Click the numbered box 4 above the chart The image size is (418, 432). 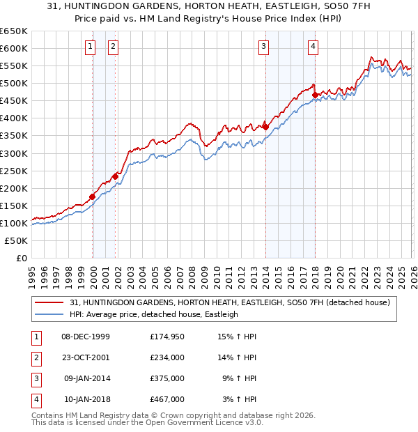coord(313,47)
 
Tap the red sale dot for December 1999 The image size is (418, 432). coord(92,196)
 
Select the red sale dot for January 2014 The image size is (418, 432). coord(265,127)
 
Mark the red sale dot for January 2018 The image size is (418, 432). coord(315,95)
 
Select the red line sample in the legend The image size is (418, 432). coord(49,302)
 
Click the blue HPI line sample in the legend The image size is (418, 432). coord(49,314)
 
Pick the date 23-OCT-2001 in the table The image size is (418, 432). coord(86,357)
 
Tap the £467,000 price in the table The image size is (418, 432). coord(167,399)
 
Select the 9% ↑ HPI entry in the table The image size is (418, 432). coord(240,378)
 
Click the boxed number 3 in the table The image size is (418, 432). coord(35,378)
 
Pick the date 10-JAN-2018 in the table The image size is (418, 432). coord(86,399)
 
